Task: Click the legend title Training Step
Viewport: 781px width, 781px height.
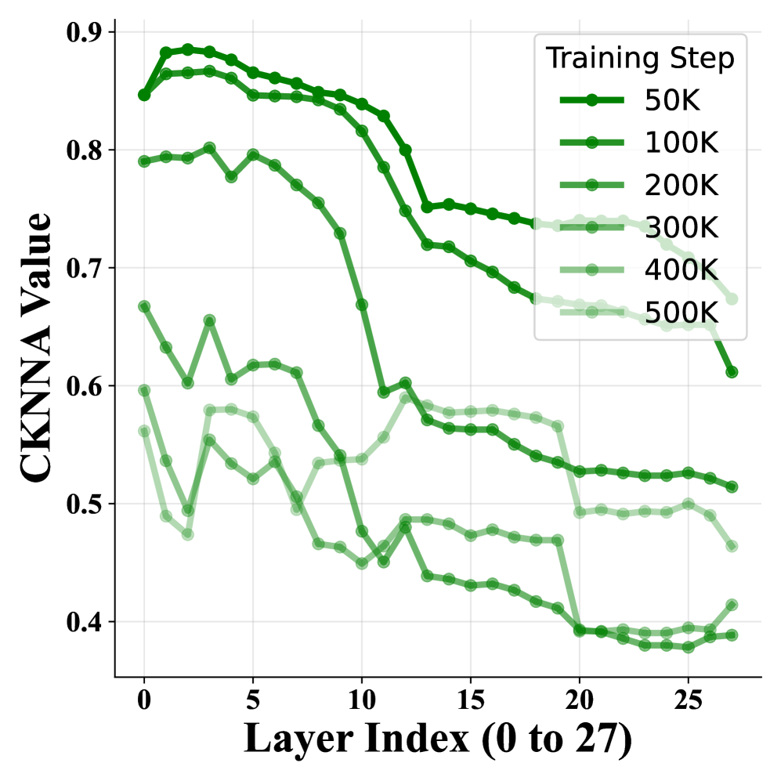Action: point(640,58)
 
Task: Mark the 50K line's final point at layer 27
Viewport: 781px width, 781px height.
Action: point(732,371)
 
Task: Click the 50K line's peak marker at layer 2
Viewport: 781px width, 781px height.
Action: point(188,49)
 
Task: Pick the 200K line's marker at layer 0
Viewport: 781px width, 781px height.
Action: point(144,161)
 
